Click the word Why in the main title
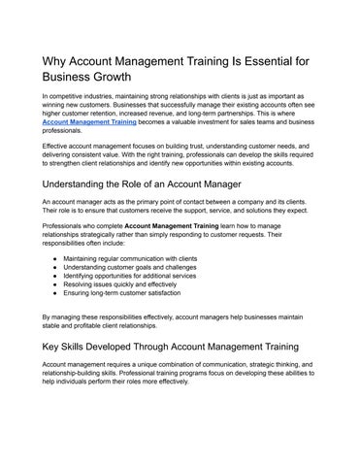coord(55,61)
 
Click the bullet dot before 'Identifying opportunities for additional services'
coord(52,277)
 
